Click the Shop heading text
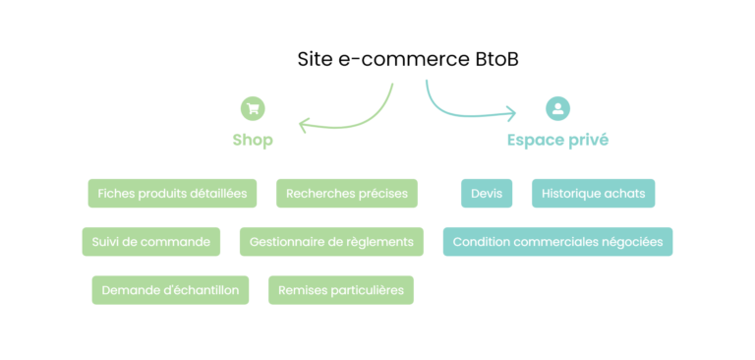(253, 140)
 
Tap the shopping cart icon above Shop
(253, 108)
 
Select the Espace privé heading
(557, 140)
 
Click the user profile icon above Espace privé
(557, 108)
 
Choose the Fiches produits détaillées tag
(172, 194)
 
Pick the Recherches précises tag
(347, 194)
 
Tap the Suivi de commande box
(150, 242)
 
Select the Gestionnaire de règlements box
(331, 242)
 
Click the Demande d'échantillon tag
(171, 290)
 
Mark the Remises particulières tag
(341, 290)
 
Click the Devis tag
(487, 194)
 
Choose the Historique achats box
(593, 194)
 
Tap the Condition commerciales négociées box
(557, 242)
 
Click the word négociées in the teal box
(632, 242)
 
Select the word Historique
(574, 194)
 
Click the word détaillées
(217, 194)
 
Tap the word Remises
(303, 290)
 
